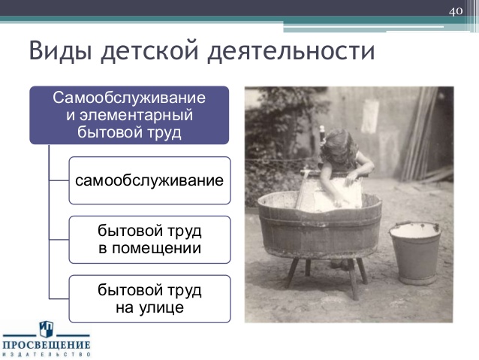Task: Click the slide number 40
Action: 456,11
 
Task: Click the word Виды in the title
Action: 60,50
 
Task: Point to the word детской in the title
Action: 150,51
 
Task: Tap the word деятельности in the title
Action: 291,51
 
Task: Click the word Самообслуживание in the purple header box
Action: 129,98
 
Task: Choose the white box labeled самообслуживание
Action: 149,180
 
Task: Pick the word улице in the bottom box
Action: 161,307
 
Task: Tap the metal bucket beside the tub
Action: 415,253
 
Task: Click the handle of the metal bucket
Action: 414,224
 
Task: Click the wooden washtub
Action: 320,225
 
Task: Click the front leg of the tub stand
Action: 353,279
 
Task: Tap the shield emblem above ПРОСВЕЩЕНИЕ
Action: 47,328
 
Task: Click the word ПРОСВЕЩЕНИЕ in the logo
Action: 47,345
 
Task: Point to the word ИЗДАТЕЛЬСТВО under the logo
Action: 47,355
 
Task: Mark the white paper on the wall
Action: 370,116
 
